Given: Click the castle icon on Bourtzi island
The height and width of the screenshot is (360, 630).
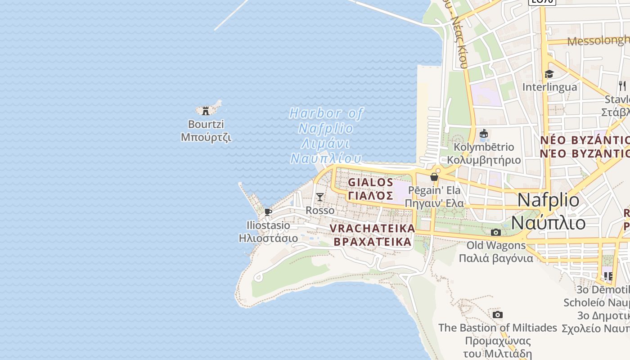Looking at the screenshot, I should (206, 110).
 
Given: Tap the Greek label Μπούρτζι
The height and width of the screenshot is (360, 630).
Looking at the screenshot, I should (206, 137).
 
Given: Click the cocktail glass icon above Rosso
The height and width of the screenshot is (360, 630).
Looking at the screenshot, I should (319, 197).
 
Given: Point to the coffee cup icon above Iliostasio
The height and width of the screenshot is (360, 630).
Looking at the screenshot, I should (268, 212).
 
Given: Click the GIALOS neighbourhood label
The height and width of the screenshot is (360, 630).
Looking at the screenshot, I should (371, 182).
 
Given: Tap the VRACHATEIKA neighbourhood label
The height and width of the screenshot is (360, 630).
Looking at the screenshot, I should (372, 228).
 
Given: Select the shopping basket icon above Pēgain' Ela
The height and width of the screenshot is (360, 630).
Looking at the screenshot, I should (434, 177).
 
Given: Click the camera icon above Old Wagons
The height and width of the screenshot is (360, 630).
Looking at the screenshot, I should (496, 232).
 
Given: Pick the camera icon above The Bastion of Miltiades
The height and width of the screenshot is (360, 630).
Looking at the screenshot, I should (497, 315).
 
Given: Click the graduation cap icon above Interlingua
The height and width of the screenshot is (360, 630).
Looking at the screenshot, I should (549, 74).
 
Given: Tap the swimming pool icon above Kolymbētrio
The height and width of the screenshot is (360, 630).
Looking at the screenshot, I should (484, 134).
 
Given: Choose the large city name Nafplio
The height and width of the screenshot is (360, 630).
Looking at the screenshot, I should (549, 200).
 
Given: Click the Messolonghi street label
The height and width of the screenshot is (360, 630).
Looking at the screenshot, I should (598, 41).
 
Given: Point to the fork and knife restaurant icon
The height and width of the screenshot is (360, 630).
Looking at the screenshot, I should (622, 85).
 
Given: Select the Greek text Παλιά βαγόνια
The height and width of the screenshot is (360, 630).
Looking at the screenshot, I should (496, 258).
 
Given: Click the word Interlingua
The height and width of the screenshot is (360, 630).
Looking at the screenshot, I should (549, 87).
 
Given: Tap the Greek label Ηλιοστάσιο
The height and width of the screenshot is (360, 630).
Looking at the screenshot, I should (268, 238).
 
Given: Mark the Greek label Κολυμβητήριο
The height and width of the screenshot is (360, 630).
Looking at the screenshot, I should (484, 160).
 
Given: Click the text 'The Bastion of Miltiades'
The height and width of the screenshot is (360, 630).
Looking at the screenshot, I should (498, 328).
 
